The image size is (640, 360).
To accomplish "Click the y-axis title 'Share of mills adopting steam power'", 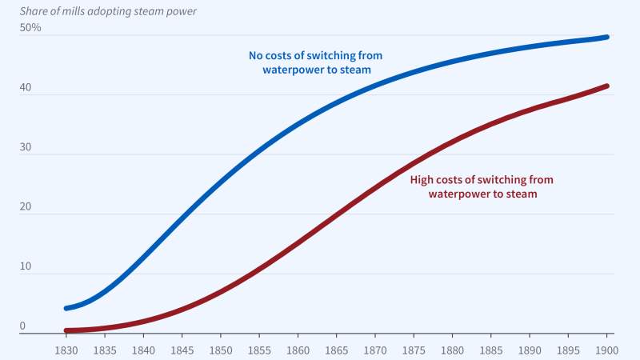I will (x=107, y=11).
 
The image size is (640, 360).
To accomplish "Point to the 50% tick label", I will (x=31, y=28).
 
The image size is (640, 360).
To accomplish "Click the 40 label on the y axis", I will (x=27, y=88).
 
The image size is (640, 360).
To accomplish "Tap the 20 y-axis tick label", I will (x=27, y=207).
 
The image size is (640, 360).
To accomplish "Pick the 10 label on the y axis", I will (x=27, y=266).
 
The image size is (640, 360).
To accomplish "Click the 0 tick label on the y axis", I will (x=23, y=326).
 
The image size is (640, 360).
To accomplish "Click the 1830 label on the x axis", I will (x=66, y=350).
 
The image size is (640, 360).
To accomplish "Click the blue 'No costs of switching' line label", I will (x=317, y=62).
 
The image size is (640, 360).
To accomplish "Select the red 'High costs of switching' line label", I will (x=481, y=186).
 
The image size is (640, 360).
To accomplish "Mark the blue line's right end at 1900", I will (x=607, y=37).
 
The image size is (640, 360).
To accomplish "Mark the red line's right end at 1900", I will (x=607, y=86).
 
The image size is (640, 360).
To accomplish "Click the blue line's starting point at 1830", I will (x=67, y=308).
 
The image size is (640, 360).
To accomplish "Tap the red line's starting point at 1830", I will (x=67, y=330).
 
